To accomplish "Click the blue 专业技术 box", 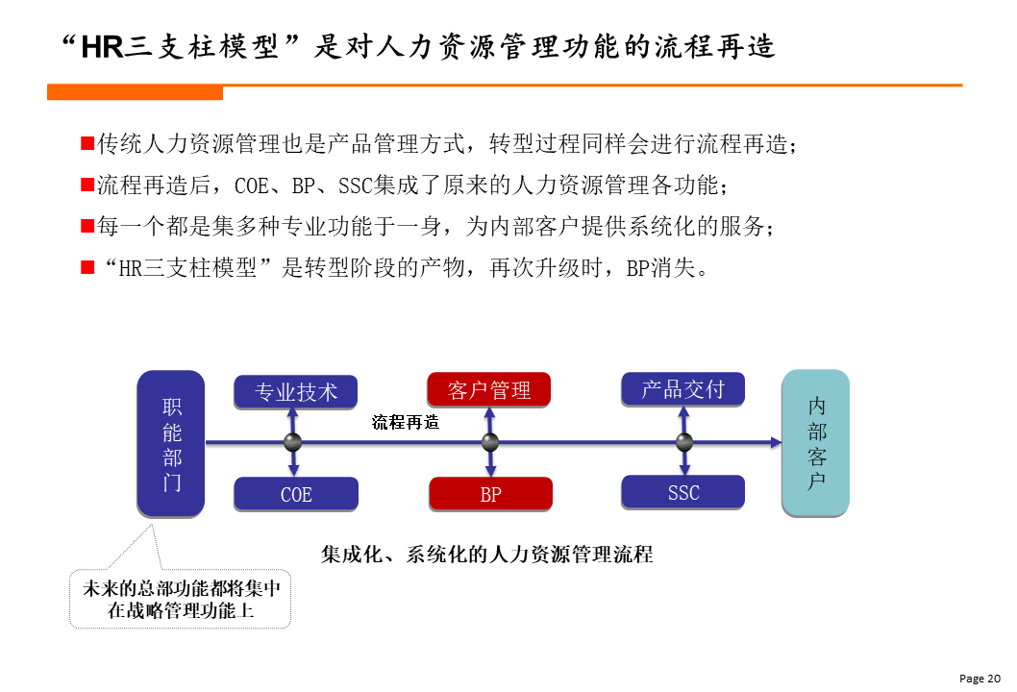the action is (296, 392).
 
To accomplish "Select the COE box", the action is (296, 494).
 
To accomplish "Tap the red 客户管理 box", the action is (489, 390).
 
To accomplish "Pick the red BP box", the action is (491, 494).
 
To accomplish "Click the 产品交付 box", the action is (683, 389).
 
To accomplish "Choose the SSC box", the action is (683, 492).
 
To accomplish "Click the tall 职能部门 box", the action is (171, 444).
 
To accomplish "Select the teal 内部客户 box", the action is (816, 443).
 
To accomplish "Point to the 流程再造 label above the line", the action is (406, 422).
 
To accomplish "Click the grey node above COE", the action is (293, 442).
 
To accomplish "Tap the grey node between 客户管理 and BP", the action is (490, 442).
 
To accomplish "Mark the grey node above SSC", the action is (684, 442).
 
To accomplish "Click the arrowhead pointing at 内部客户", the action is (777, 442).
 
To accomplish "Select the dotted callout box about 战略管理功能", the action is (181, 599).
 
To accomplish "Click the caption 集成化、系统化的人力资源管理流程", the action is (487, 555).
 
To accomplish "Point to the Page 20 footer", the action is (980, 679).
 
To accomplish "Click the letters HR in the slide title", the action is (103, 47).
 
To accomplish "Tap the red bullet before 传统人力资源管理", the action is (87, 143).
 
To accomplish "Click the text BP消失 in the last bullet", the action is (661, 268).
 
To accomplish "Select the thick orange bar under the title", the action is (135, 93).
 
